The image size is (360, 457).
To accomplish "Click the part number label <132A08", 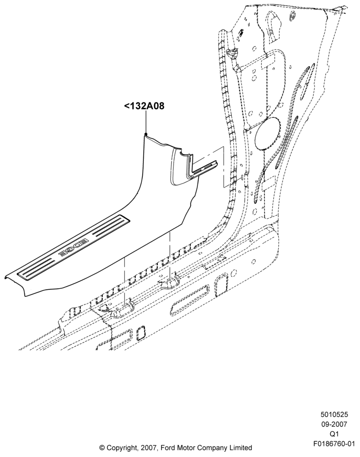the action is pyautogui.click(x=144, y=106).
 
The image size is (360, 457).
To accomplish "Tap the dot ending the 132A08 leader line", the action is pyautogui.click(x=146, y=134).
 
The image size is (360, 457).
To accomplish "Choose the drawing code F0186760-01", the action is pyautogui.click(x=334, y=444).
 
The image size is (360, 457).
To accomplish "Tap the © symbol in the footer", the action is pyautogui.click(x=102, y=447).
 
